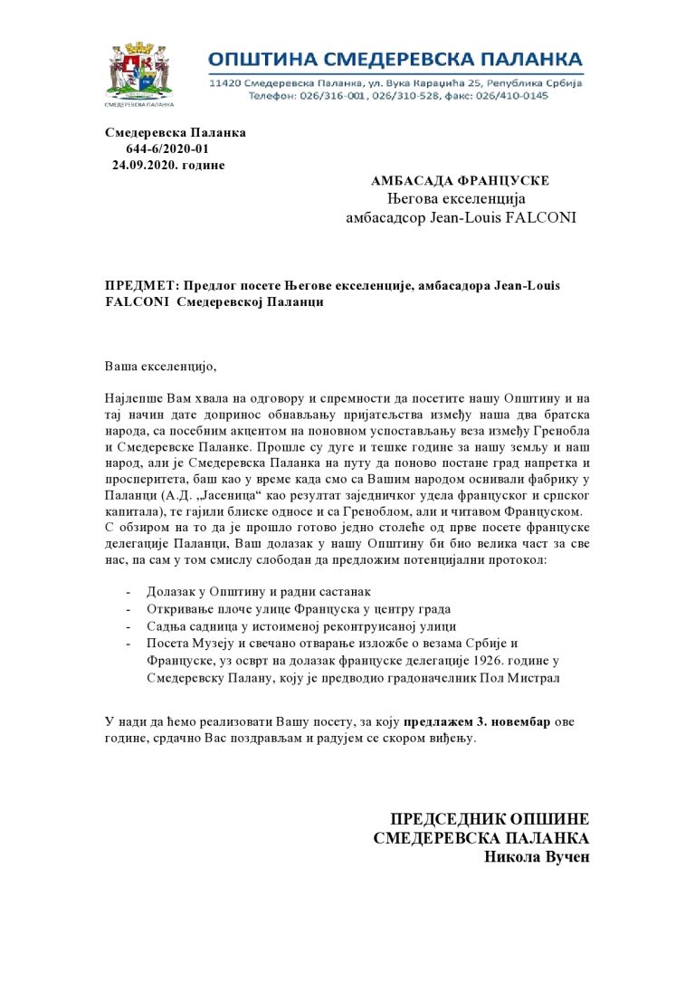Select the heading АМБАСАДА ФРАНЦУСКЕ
click(460, 181)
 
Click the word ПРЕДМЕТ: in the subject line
click(138, 286)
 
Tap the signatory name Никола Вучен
click(538, 856)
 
